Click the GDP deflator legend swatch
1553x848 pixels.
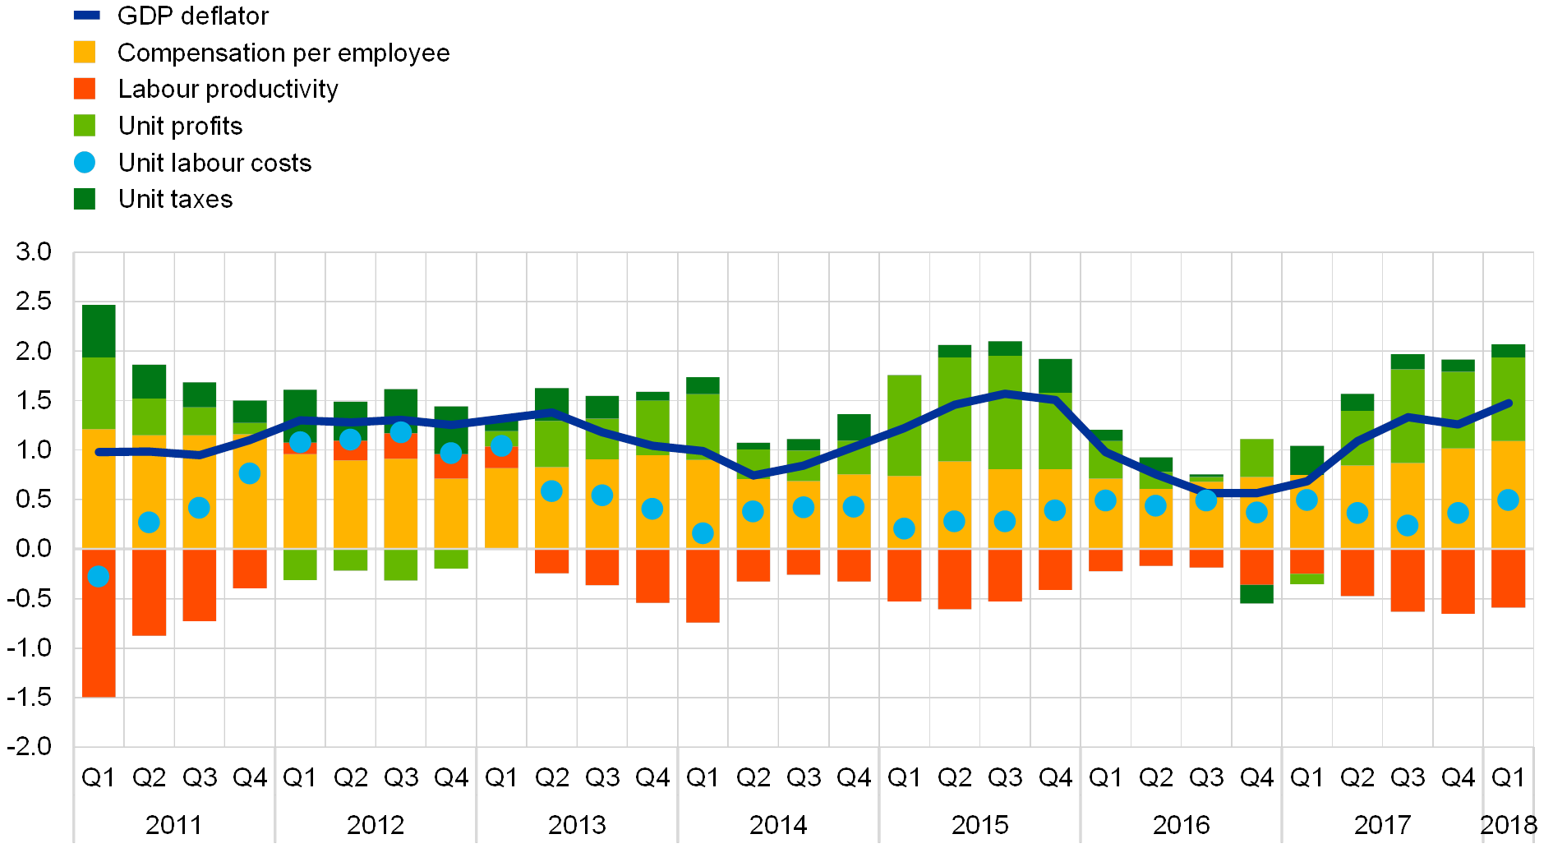[x=86, y=16]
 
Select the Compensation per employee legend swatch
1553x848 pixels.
[x=85, y=53]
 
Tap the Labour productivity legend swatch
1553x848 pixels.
[x=85, y=89]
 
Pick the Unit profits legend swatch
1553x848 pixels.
[x=85, y=126]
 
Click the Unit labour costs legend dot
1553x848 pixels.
[x=85, y=163]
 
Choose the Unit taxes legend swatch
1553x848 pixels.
[x=85, y=199]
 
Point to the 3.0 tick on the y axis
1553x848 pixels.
[x=34, y=252]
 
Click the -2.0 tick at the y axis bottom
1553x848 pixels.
[x=34, y=746]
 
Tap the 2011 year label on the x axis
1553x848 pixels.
[x=173, y=824]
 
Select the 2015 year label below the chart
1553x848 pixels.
[x=979, y=824]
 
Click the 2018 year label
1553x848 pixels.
[x=1509, y=824]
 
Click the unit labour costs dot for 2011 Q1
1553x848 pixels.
[x=99, y=577]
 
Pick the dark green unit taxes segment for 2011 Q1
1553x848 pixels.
[x=99, y=331]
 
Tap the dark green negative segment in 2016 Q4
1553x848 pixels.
[x=1256, y=594]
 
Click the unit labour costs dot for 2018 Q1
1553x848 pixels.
[x=1508, y=500]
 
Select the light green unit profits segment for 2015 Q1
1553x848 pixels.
[x=904, y=426]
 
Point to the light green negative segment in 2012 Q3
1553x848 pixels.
[x=401, y=565]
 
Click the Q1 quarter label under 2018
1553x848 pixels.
[x=1506, y=777]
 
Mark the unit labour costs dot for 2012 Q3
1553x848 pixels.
[x=401, y=432]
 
